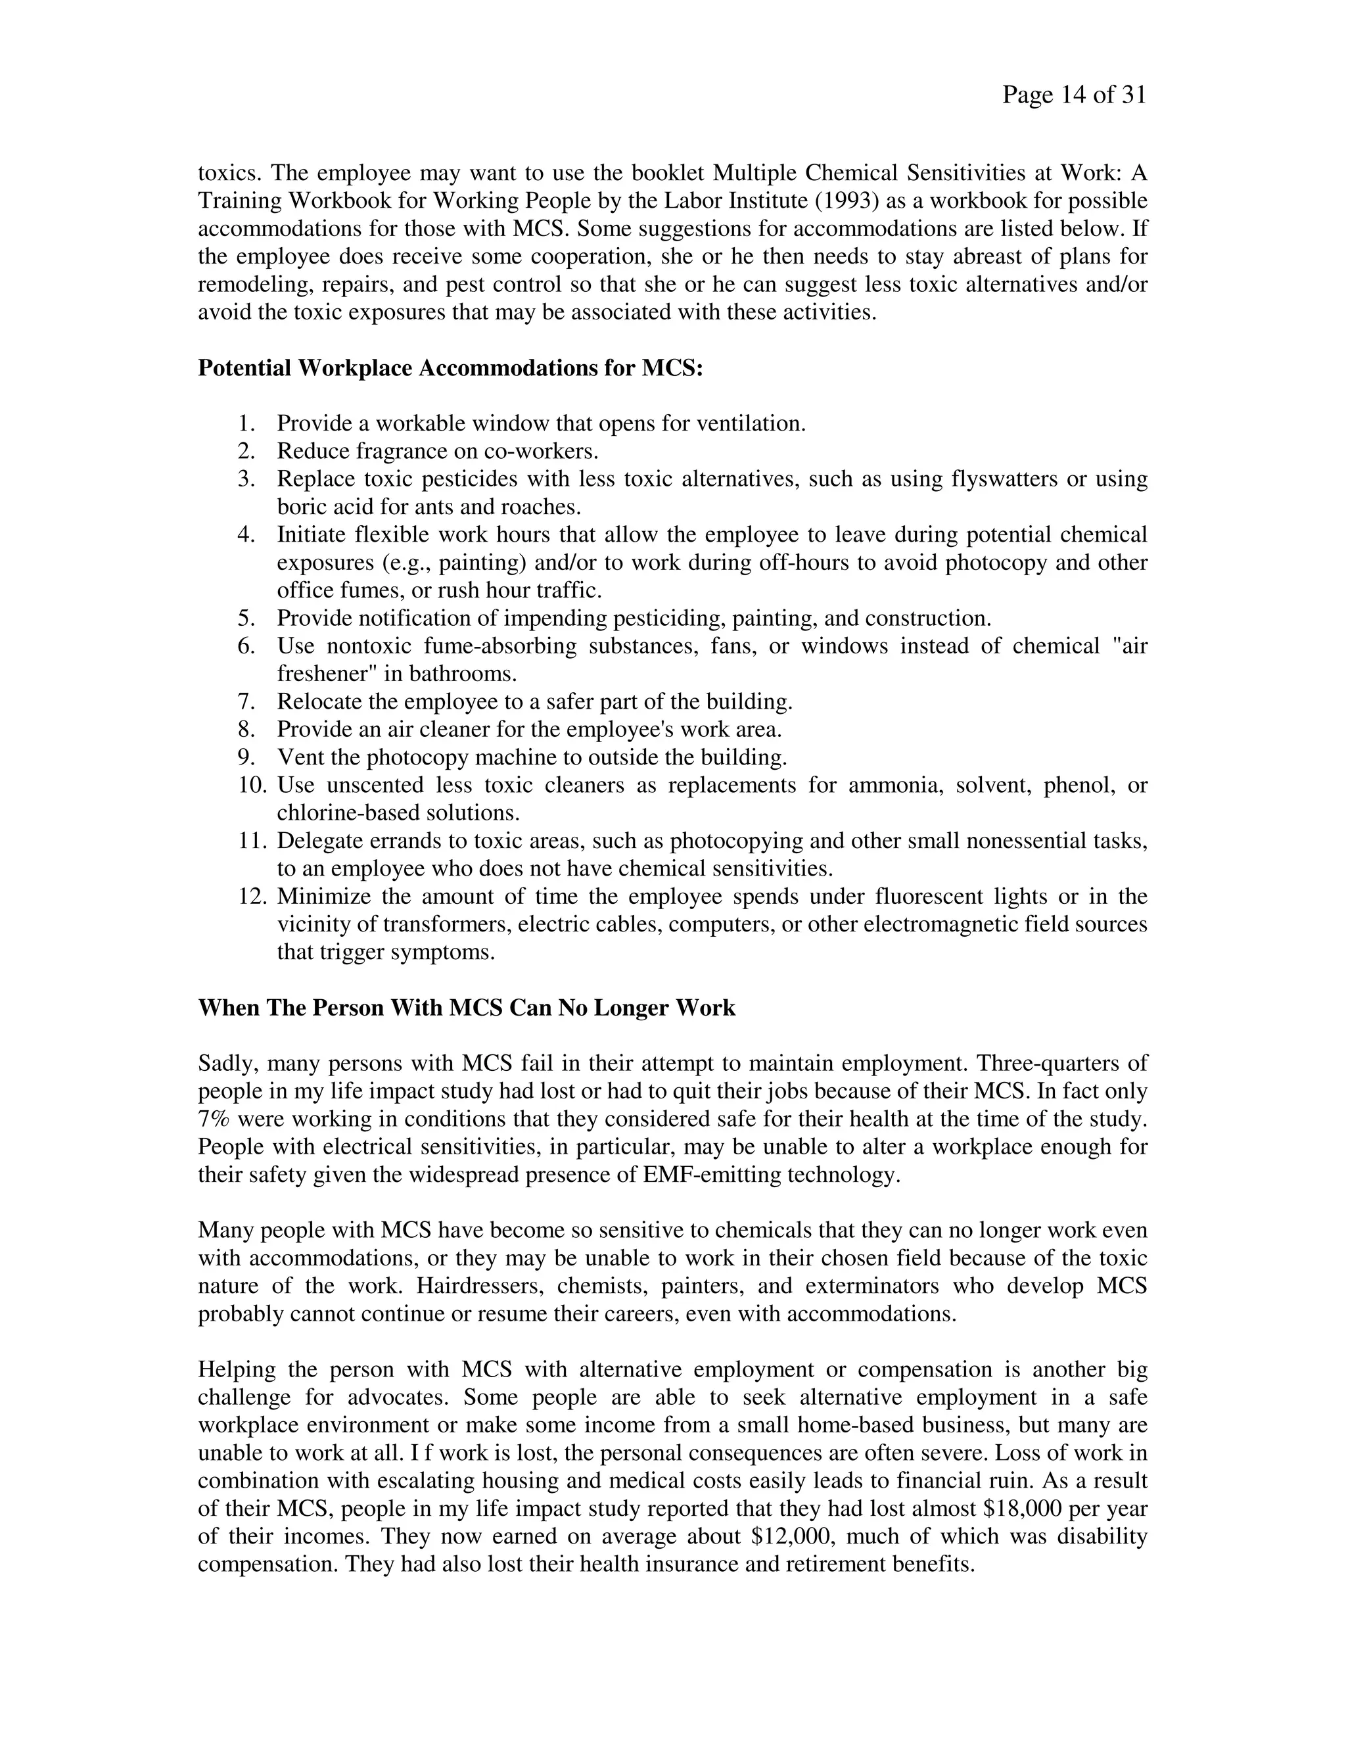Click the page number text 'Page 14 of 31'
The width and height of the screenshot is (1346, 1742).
pyautogui.click(x=1073, y=96)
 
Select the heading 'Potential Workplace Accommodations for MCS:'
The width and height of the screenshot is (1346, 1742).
pyautogui.click(x=450, y=369)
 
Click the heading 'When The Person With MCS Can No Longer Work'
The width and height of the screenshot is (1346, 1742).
pyautogui.click(x=467, y=1008)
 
